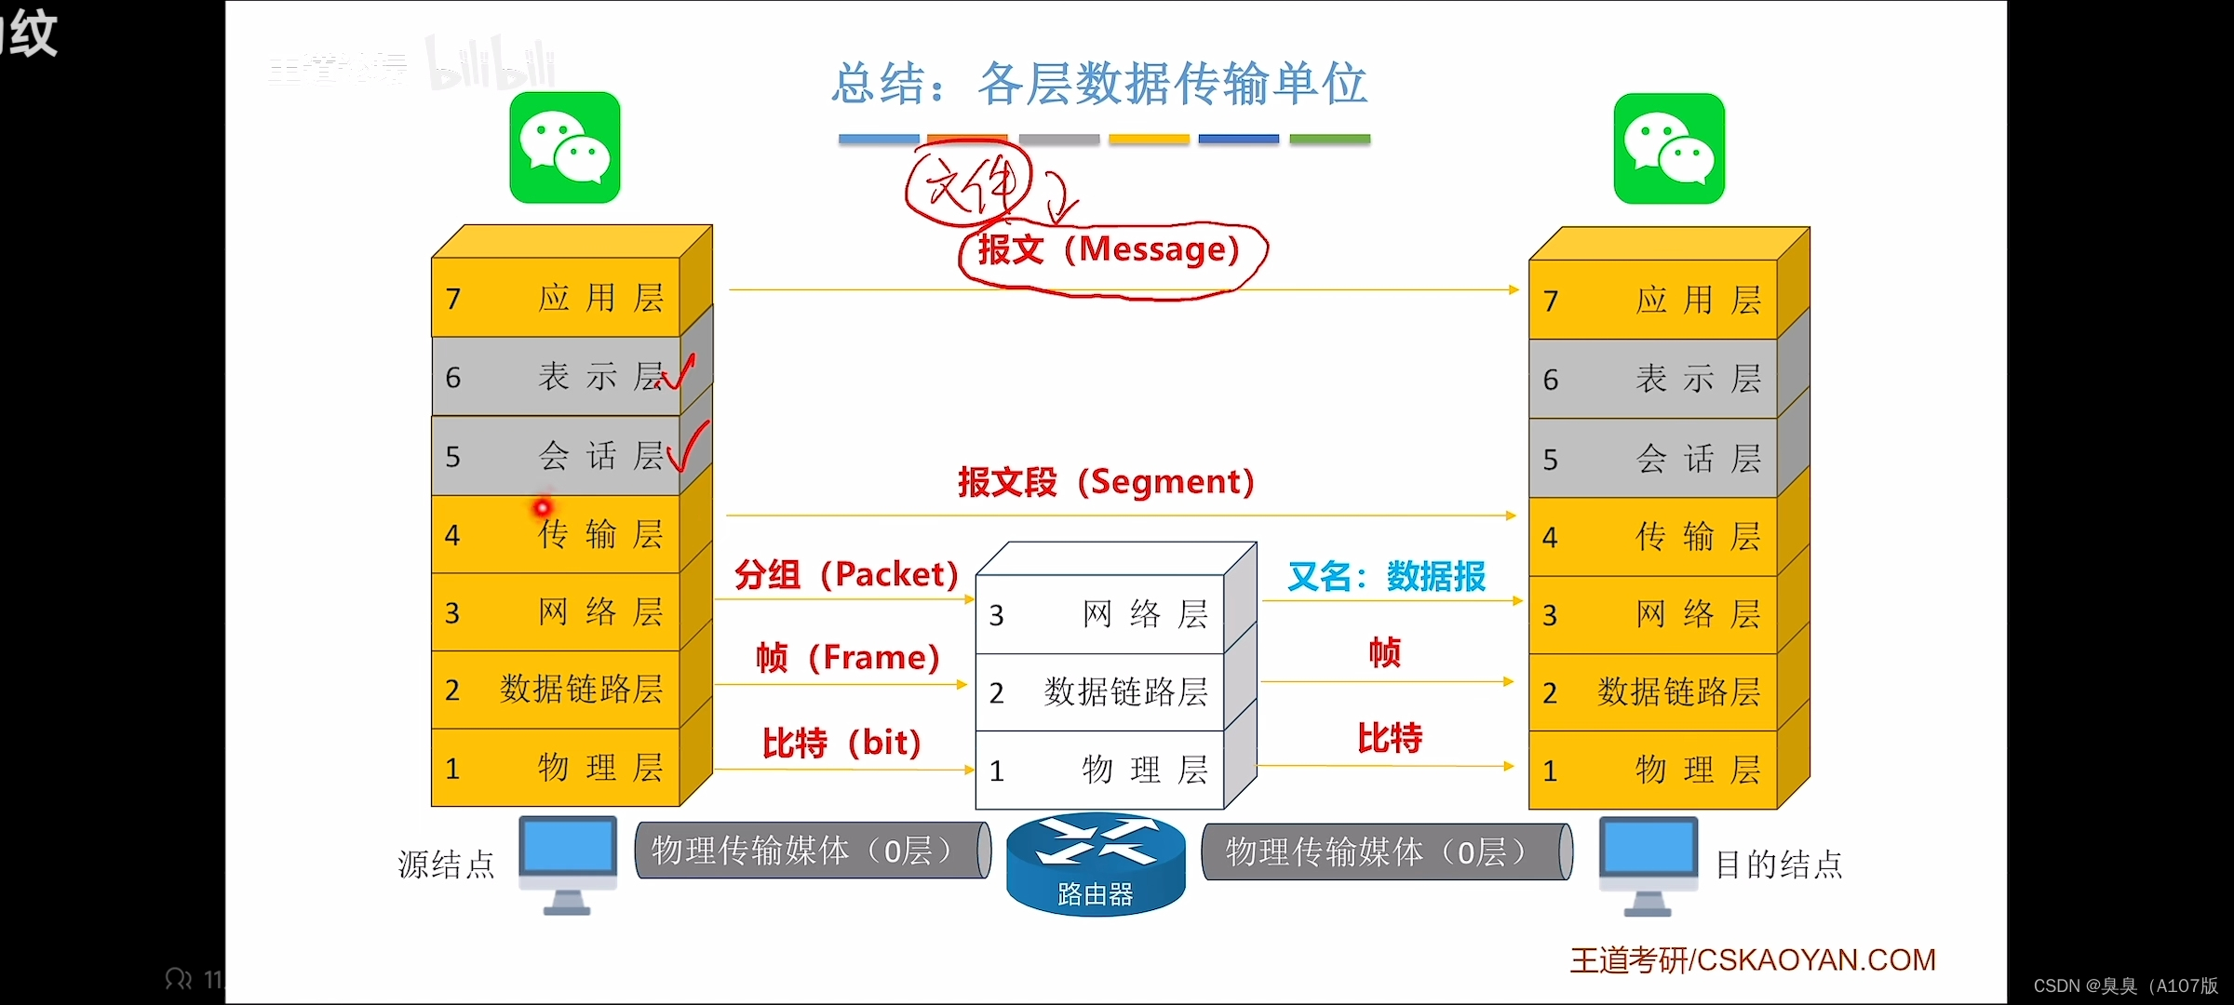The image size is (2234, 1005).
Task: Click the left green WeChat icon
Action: (x=565, y=147)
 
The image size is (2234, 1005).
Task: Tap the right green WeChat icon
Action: (x=1669, y=149)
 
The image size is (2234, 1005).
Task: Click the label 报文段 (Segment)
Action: (x=1107, y=482)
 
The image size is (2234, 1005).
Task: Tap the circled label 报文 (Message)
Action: (x=1110, y=250)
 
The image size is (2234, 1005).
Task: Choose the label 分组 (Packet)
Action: (x=846, y=574)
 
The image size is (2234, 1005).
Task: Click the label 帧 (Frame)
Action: (x=847, y=657)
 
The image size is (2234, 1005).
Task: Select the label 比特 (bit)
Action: (x=841, y=743)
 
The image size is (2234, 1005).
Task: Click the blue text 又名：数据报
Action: (x=1386, y=577)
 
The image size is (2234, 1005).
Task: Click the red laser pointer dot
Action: (x=542, y=508)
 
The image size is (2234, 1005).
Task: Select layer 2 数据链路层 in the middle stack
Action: (x=1101, y=692)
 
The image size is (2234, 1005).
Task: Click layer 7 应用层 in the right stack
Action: (x=1653, y=301)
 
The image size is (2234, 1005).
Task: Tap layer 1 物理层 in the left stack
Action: (x=556, y=769)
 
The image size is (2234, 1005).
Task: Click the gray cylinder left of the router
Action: (x=812, y=851)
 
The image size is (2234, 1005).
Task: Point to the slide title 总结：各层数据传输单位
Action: (x=1099, y=84)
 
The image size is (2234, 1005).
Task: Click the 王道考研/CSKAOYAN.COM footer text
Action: (x=1753, y=960)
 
